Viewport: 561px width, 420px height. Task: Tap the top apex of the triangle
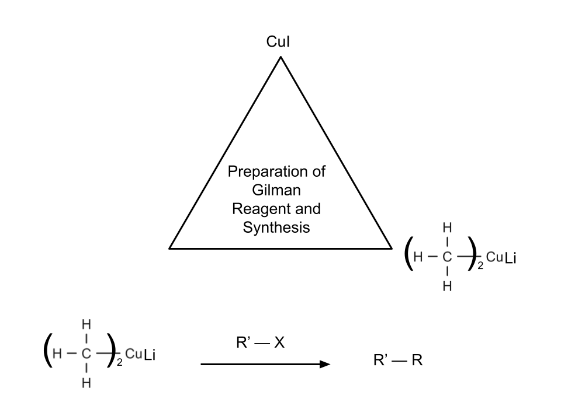click(280, 57)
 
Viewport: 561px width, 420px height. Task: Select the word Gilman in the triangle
click(276, 191)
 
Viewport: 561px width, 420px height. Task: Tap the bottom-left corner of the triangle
click(170, 248)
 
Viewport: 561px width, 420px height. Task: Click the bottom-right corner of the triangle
click(391, 248)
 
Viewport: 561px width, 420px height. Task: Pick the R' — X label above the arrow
click(259, 343)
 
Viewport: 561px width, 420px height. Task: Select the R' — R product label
click(397, 360)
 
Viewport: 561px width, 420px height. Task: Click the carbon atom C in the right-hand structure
click(447, 256)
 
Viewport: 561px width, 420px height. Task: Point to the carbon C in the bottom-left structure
click(86, 353)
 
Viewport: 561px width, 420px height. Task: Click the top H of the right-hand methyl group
click(447, 227)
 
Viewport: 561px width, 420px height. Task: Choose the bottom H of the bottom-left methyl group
click(86, 383)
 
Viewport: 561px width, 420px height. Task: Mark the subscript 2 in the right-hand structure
click(480, 265)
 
